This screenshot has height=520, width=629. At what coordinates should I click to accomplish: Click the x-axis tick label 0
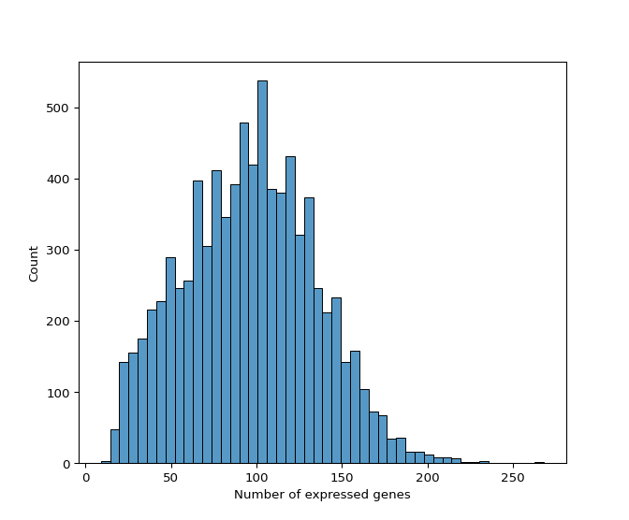pos(86,477)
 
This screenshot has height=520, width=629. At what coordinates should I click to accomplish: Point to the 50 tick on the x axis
pos(171,477)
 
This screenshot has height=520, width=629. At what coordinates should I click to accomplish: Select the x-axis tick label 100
pos(256,477)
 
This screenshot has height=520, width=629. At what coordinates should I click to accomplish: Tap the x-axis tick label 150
pos(342,477)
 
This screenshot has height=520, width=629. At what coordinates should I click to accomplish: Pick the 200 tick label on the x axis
pos(427,477)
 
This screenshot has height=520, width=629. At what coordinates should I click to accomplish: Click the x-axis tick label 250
pos(512,477)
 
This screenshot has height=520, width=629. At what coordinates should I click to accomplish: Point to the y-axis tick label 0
pos(67,464)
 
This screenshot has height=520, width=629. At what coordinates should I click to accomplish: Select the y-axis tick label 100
pos(61,393)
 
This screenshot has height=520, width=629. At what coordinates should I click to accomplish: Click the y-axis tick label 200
pos(61,322)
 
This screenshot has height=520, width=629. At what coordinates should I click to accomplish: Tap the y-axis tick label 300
pos(61,251)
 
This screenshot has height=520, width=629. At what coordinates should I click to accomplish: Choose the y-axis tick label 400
pos(61,180)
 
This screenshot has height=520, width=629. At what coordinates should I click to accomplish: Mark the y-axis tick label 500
pos(61,108)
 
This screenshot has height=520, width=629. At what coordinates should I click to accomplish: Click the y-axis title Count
pos(35,264)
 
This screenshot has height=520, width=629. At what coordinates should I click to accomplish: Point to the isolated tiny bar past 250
pos(539,462)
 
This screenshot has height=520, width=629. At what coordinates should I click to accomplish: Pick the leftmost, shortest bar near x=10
pos(106,462)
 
